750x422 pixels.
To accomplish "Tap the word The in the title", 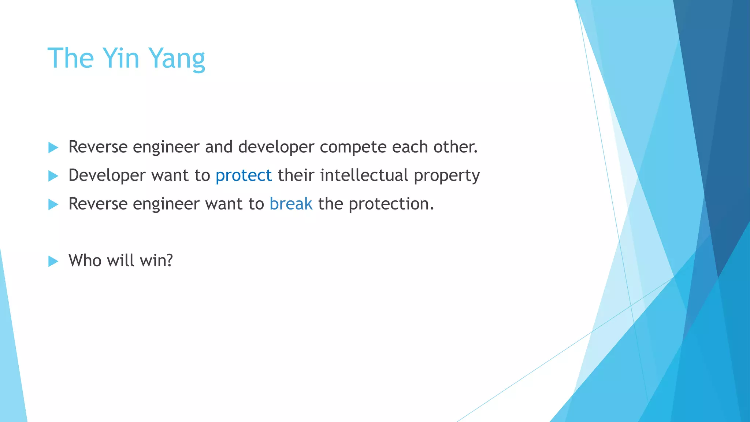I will click(x=71, y=58).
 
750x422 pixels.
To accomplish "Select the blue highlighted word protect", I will click(x=244, y=175).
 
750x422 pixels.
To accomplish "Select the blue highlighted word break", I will click(x=291, y=204).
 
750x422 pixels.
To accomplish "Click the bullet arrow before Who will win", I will click(x=53, y=261).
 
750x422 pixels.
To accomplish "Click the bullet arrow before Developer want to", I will click(x=53, y=176).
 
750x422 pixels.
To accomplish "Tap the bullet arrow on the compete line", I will click(x=53, y=148).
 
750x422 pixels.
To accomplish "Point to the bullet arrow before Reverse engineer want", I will click(x=53, y=204).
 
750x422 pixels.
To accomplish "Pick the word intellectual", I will click(x=364, y=175).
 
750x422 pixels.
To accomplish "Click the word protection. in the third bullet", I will click(x=391, y=204).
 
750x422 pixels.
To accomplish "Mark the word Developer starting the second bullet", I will click(x=107, y=176).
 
